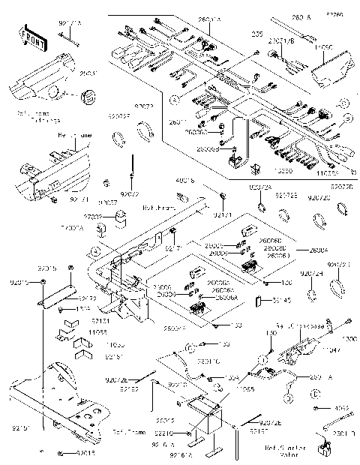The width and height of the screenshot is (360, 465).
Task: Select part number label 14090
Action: [324, 46]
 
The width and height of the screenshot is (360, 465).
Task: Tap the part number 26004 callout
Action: [309, 250]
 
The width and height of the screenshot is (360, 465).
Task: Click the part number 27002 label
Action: [92, 215]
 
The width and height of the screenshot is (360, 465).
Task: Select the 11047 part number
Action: [330, 349]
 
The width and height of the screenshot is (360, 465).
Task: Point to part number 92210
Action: [165, 433]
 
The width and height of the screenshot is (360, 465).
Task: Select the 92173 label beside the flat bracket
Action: [88, 297]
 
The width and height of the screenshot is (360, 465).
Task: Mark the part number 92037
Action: [107, 202]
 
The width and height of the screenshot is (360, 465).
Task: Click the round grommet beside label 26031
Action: [88, 96]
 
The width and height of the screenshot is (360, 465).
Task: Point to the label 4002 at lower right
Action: [341, 409]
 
